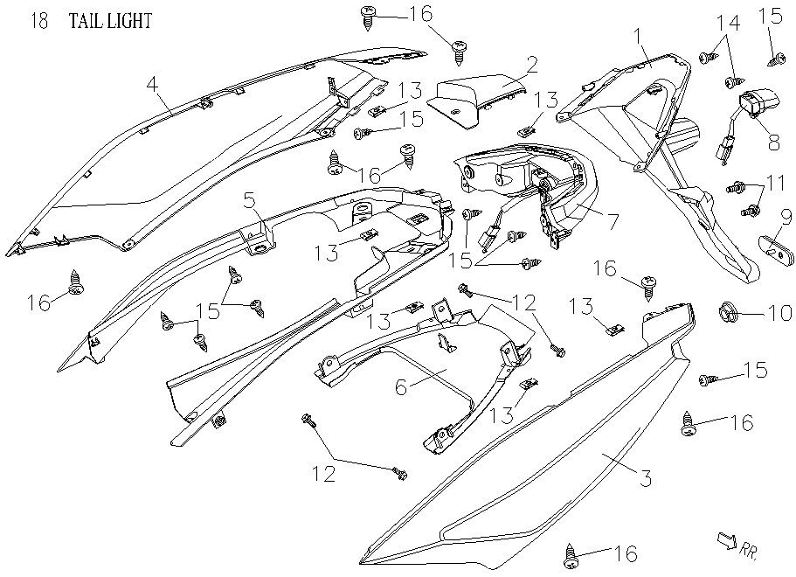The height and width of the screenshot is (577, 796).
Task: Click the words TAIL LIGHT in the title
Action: [x=110, y=21]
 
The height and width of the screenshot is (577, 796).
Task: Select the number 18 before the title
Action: [x=39, y=21]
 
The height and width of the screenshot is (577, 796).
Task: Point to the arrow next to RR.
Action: [x=726, y=540]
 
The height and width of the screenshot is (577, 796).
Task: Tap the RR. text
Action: [x=749, y=550]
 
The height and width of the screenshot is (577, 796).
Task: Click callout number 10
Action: [x=778, y=313]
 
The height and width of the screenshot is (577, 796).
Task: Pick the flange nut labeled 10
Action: [x=728, y=311]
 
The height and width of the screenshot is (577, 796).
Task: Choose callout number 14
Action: [x=728, y=23]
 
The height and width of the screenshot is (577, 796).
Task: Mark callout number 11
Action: [x=775, y=181]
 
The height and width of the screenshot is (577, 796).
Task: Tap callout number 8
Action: [x=774, y=143]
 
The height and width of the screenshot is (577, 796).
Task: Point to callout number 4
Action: [x=153, y=84]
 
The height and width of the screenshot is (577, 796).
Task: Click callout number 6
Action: [x=401, y=387]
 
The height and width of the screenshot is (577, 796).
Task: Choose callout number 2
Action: [x=531, y=65]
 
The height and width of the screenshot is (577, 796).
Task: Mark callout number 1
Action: [x=638, y=37]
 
